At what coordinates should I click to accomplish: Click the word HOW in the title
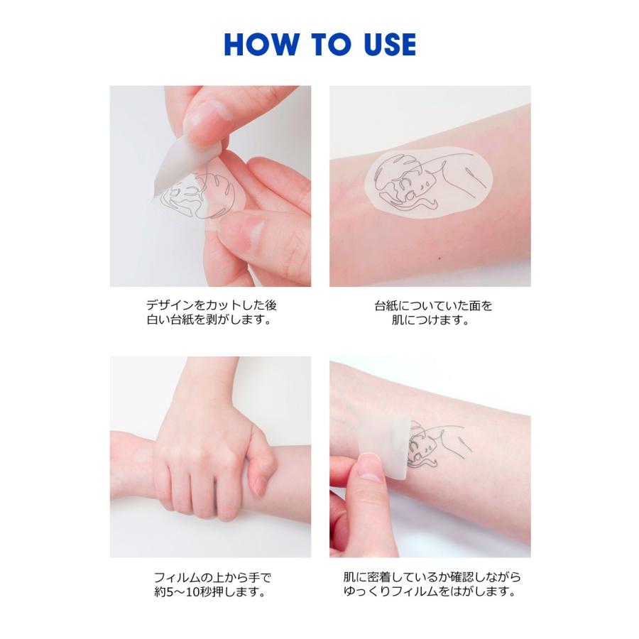[261, 44]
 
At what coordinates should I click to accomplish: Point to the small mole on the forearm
[439, 258]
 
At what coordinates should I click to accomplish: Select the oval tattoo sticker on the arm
[428, 182]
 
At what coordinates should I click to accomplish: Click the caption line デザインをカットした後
[211, 305]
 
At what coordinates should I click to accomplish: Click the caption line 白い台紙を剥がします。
[209, 319]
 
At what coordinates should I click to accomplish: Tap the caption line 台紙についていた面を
[433, 305]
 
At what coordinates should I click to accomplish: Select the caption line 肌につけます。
[431, 319]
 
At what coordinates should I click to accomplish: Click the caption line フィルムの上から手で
[212, 577]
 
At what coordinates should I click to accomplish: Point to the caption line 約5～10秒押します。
[210, 591]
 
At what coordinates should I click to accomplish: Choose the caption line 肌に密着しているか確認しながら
[432, 577]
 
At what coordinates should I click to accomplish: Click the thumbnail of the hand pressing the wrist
[210, 457]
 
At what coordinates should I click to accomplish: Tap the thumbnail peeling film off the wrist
[430, 457]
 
